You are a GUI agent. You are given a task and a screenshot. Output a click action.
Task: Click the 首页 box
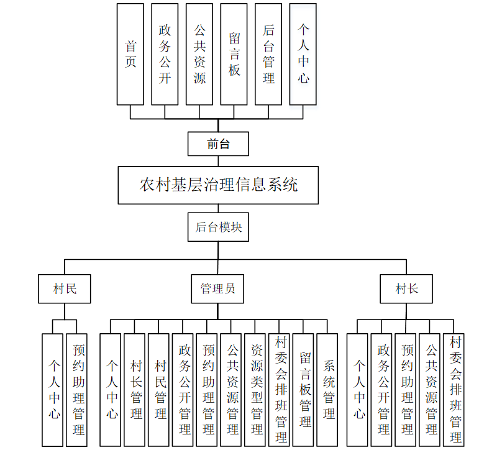click(130, 54)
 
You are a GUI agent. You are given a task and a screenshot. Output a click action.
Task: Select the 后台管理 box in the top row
click(268, 54)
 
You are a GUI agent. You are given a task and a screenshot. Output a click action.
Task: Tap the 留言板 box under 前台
click(234, 54)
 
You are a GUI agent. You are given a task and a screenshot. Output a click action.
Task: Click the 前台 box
click(218, 144)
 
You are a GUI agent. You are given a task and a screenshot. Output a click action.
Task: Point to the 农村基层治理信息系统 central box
click(218, 185)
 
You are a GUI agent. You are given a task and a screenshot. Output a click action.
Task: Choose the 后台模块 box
click(218, 227)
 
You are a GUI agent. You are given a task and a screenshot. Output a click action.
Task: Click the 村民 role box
click(64, 289)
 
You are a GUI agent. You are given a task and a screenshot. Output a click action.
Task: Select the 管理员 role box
click(217, 289)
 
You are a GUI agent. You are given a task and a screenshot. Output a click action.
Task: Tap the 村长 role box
click(407, 289)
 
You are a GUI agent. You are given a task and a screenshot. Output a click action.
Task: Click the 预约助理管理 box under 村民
click(77, 390)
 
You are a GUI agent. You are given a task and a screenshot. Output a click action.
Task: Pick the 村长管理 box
click(135, 390)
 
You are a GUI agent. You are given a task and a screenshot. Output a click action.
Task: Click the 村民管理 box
click(159, 390)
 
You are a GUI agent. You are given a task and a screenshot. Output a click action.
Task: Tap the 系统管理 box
click(327, 390)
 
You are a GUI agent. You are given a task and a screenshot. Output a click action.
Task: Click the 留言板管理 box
click(304, 390)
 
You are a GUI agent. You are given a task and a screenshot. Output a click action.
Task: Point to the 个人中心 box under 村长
click(358, 390)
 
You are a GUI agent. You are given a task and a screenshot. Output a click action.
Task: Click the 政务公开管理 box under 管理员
click(183, 390)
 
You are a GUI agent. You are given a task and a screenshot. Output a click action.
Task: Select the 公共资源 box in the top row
click(199, 54)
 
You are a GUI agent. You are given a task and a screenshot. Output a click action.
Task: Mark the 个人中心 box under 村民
click(53, 390)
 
